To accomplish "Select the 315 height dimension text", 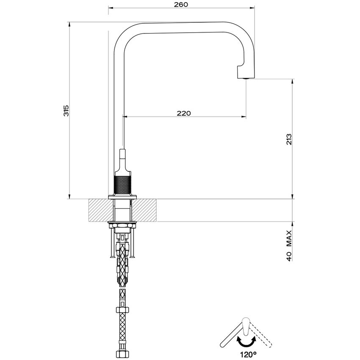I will [66, 111].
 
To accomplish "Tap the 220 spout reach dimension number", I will [184, 113].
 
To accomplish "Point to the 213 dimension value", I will [288, 139].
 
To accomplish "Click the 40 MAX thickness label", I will [289, 246].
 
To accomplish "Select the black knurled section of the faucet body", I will [123, 184].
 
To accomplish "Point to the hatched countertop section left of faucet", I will [100, 210].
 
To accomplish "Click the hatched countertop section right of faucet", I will [146, 210].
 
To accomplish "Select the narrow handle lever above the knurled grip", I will [123, 159].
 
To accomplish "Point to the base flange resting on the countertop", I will [123, 197].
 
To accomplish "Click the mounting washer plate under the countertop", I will [123, 223].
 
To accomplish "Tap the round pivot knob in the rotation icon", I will [245, 320].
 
